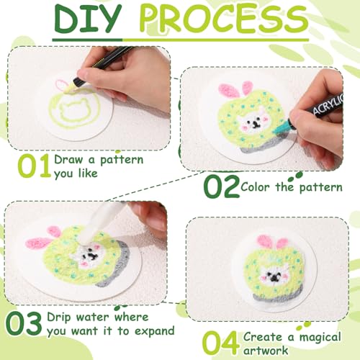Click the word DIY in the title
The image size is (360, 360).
88,19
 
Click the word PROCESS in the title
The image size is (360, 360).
224,19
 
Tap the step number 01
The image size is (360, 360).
35,166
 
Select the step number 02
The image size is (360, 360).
222,186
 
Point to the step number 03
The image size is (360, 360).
23,323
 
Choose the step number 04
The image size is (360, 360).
221,343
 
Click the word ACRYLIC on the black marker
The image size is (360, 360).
329,104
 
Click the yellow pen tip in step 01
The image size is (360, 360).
69,89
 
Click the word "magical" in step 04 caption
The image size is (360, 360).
320,337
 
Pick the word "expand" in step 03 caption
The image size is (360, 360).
155,331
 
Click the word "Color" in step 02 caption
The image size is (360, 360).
256,186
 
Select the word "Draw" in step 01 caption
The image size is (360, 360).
68,159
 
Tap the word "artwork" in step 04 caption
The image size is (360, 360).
266,351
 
